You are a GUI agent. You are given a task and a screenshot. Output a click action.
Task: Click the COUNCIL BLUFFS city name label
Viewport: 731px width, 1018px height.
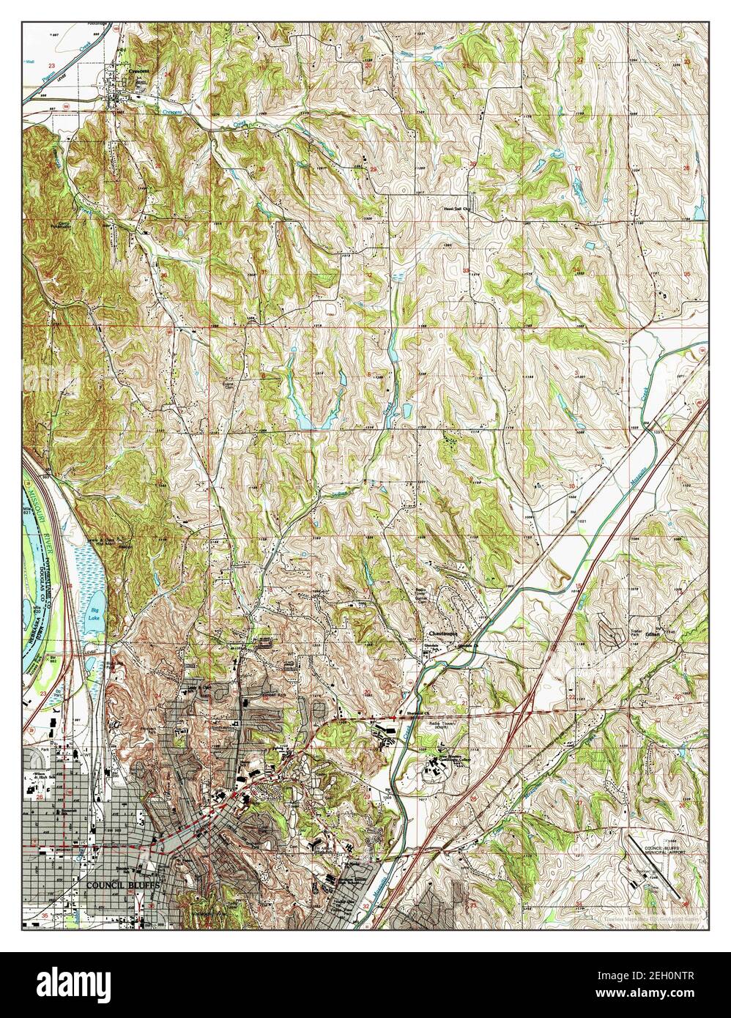pyautogui.click(x=123, y=884)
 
